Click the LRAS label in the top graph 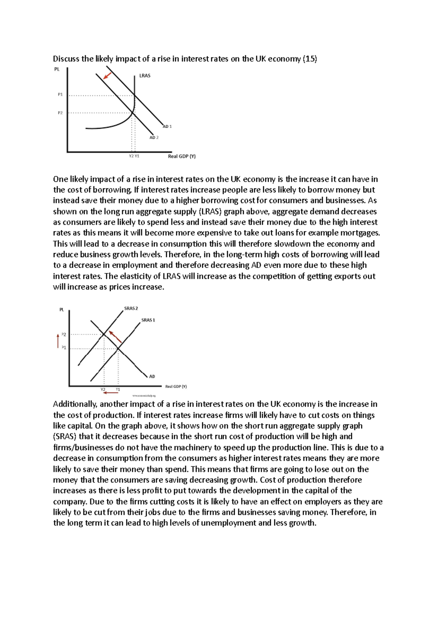(145, 76)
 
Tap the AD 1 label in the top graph (167, 126)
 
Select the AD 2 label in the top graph (154, 138)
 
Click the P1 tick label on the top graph (60, 95)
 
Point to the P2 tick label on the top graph (60, 113)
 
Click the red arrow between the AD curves (107, 76)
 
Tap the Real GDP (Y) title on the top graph (182, 156)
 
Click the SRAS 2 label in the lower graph (131, 309)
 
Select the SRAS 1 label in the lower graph (148, 320)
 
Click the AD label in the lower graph (152, 376)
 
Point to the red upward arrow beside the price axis (58, 341)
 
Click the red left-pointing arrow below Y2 (110, 393)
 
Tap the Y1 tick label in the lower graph (118, 390)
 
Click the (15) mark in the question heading (310, 59)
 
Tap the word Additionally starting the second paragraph (75, 404)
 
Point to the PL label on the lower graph (62, 310)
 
